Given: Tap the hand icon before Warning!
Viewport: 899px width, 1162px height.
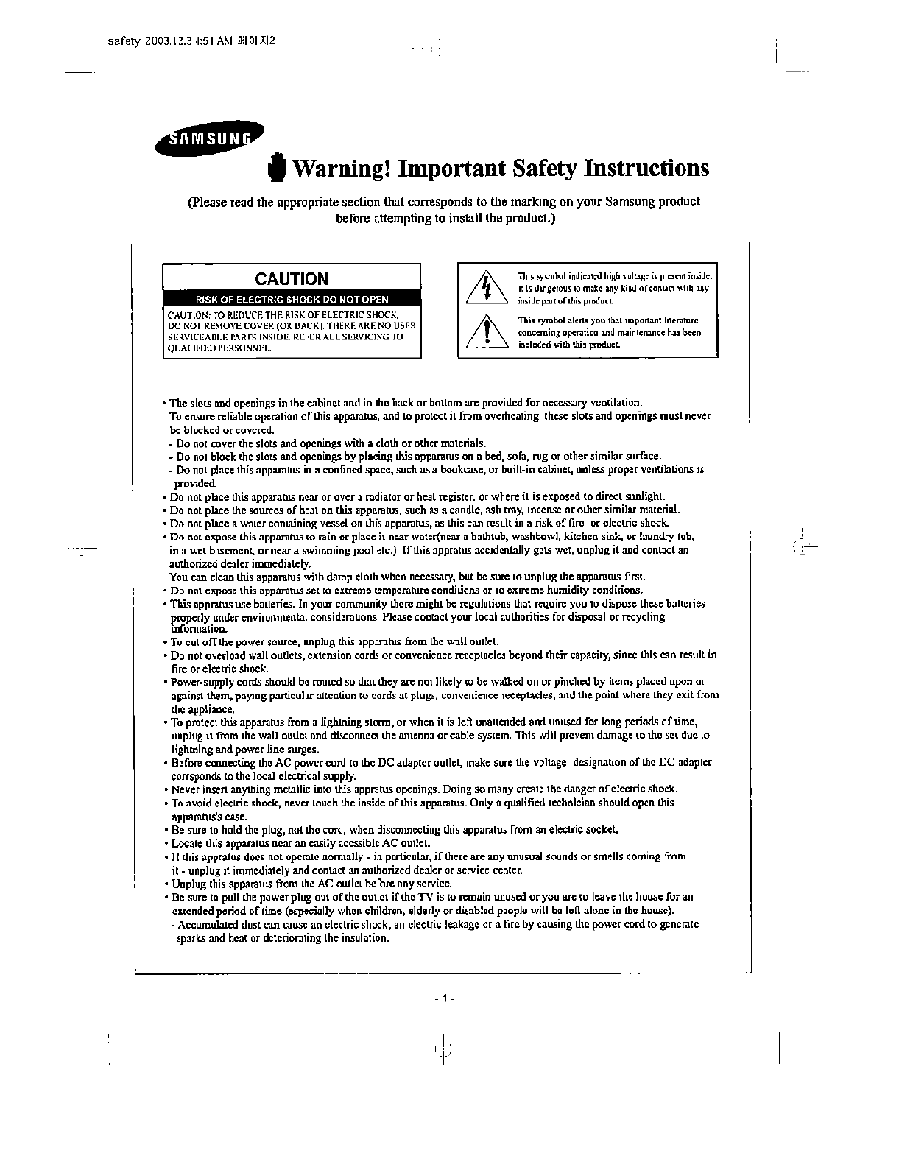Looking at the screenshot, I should pos(277,167).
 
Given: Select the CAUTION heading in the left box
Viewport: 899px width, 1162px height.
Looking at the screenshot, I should pos(292,279).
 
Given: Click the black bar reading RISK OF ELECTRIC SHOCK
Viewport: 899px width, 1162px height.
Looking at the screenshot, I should pos(292,300).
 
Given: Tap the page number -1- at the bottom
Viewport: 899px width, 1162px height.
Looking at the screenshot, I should pos(445,999).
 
